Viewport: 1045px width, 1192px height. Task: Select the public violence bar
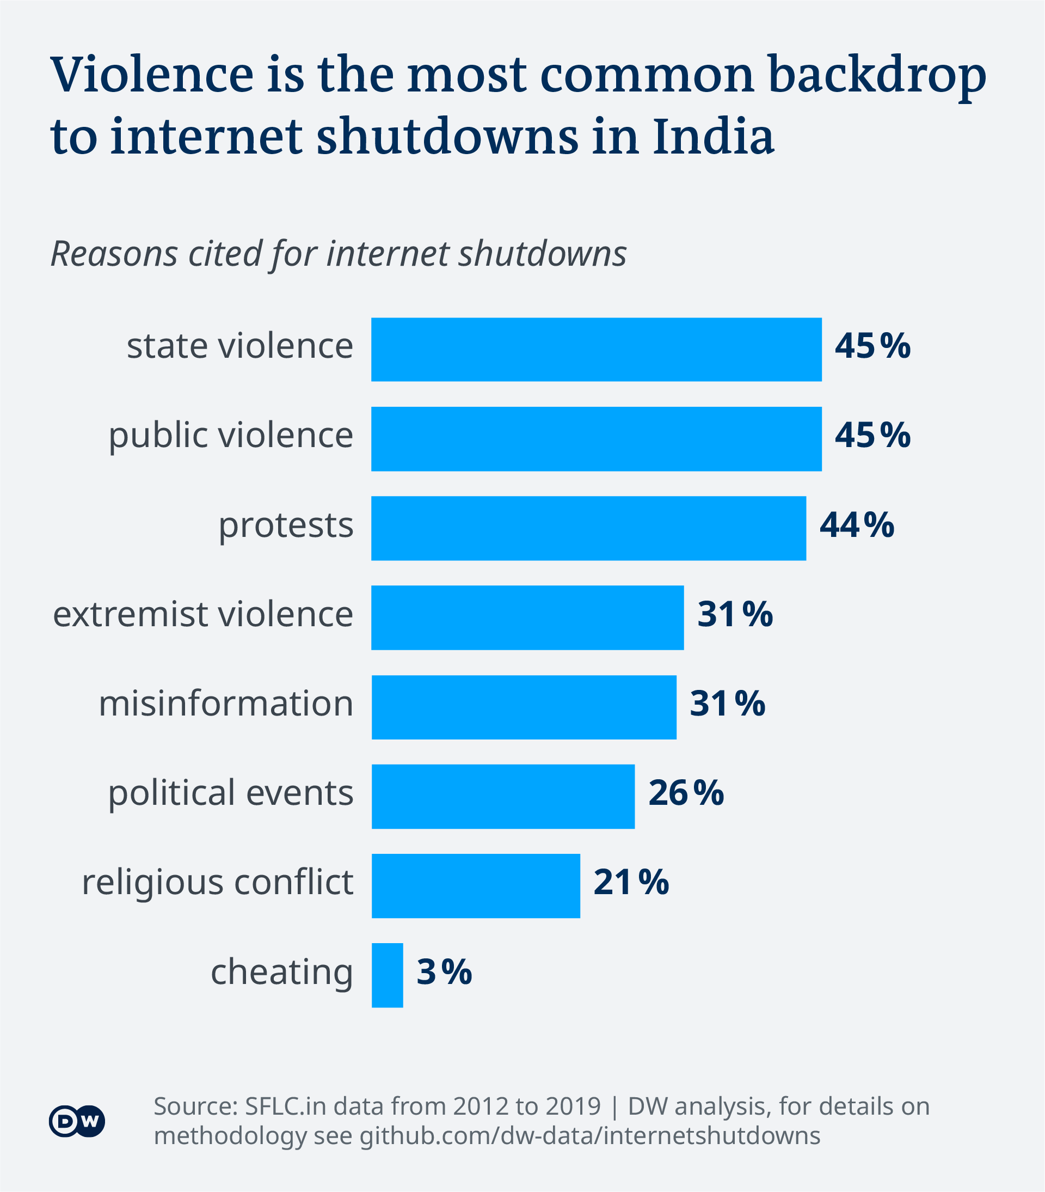[x=596, y=438]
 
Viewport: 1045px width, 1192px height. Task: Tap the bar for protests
[x=589, y=528]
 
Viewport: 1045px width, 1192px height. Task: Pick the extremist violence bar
[x=527, y=617]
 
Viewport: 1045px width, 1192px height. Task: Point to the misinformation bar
[x=524, y=707]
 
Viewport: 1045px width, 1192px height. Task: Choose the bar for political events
[x=503, y=796]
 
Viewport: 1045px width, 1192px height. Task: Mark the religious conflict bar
[x=476, y=885]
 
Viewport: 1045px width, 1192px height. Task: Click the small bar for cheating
[x=387, y=975]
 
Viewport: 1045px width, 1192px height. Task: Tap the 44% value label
[x=856, y=525]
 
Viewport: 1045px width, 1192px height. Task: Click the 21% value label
[x=631, y=882]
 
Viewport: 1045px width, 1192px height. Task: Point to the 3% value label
[x=444, y=972]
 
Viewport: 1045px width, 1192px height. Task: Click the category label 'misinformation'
[x=226, y=704]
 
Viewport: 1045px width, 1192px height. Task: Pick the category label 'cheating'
[x=281, y=973]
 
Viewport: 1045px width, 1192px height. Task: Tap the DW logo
[x=77, y=1120]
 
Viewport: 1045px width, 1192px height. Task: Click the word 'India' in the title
[x=714, y=137]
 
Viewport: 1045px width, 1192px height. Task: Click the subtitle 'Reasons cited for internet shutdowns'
[x=339, y=254]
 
